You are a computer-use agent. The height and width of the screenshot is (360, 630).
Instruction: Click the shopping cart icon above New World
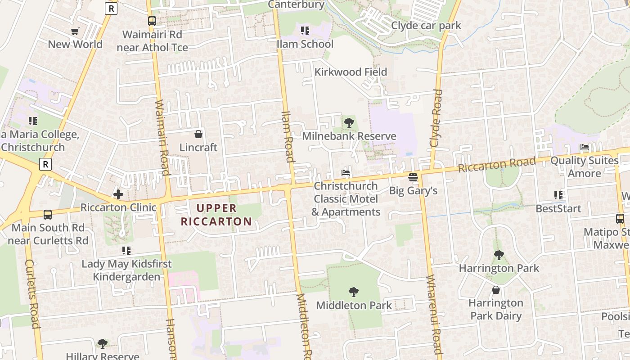click(75, 31)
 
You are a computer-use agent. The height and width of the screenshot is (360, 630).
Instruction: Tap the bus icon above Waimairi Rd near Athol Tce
click(152, 21)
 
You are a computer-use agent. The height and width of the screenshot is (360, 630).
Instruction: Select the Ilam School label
click(305, 44)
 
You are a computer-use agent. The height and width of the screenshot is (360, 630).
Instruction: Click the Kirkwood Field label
click(351, 72)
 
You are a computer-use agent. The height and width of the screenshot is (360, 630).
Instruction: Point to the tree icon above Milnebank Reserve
click(349, 123)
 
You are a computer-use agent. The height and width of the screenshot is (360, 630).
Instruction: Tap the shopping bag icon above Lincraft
click(198, 134)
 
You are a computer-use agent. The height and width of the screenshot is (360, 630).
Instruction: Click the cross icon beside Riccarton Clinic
click(118, 194)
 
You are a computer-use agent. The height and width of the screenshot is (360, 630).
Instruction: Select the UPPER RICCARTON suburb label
click(216, 215)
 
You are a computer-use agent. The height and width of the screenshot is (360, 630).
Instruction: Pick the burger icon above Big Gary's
click(413, 177)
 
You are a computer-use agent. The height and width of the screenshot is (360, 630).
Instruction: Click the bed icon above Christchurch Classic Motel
click(346, 173)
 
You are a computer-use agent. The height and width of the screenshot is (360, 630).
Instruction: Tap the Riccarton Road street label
click(497, 164)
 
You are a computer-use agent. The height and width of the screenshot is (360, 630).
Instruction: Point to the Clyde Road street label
click(436, 118)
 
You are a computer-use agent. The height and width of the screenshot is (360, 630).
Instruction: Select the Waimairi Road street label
click(162, 137)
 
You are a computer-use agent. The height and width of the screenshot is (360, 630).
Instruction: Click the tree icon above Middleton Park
click(354, 292)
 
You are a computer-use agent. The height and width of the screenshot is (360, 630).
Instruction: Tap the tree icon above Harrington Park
click(499, 255)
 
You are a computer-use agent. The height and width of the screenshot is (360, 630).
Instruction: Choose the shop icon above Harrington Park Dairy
click(495, 290)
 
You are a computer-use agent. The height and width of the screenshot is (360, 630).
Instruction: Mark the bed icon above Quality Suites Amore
click(584, 147)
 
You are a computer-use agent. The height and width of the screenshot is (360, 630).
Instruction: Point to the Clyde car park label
click(426, 25)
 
